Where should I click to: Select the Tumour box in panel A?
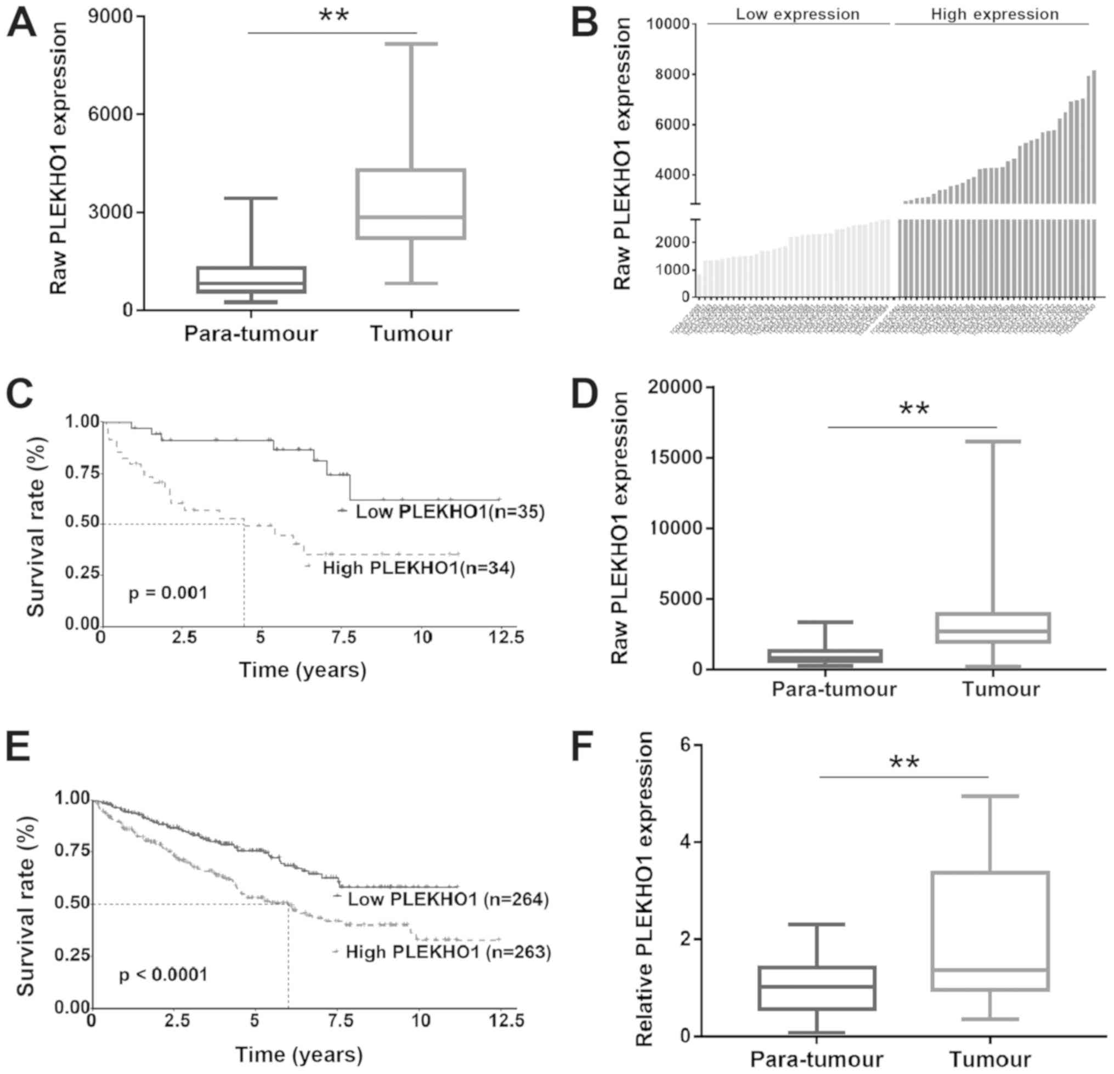(x=411, y=204)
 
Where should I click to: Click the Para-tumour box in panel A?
(x=251, y=280)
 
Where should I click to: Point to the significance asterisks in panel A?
(x=333, y=16)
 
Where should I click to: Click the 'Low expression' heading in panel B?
(x=798, y=14)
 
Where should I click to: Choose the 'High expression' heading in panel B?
(x=994, y=14)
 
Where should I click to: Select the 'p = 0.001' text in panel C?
(x=168, y=594)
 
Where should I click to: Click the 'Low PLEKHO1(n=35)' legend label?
(x=450, y=512)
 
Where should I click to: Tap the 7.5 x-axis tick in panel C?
(x=343, y=637)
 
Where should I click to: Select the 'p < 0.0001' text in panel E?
(x=163, y=975)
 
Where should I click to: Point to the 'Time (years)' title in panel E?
(x=299, y=1055)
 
